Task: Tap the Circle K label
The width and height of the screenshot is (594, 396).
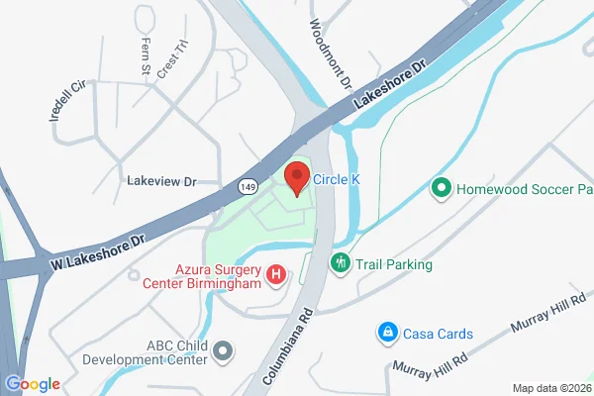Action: click(336, 180)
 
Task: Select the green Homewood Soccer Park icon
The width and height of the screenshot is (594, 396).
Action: click(442, 186)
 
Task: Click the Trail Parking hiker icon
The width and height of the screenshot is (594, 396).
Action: click(340, 263)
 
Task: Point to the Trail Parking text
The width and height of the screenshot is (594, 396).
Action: click(393, 264)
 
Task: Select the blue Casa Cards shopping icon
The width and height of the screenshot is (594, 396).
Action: click(389, 333)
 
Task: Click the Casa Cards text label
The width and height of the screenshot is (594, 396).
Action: click(438, 334)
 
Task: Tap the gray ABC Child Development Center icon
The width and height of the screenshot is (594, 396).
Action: click(224, 350)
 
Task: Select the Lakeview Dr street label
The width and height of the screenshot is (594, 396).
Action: click(162, 181)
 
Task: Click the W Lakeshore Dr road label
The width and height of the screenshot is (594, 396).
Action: click(97, 252)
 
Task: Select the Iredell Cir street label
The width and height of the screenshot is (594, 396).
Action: click(61, 100)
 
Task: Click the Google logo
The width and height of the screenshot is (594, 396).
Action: click(32, 384)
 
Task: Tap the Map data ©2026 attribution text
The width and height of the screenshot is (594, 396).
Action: click(551, 387)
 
